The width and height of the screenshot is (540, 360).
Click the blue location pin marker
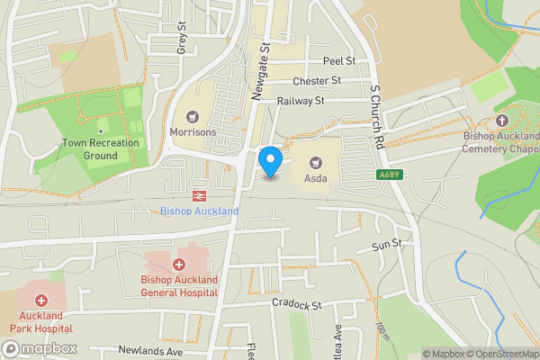pos(270,162)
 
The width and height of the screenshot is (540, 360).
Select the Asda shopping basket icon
pos(316,162)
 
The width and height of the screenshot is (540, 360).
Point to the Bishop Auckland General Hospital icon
pos(178,265)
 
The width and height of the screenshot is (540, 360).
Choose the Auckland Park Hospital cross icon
pos(40,301)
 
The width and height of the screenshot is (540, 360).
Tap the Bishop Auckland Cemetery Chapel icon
pos(501,120)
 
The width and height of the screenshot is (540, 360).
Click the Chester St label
pos(322,81)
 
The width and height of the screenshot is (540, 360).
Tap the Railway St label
pos(300,103)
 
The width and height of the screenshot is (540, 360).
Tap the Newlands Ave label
pos(150,350)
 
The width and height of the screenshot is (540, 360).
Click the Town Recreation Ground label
pos(101,148)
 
